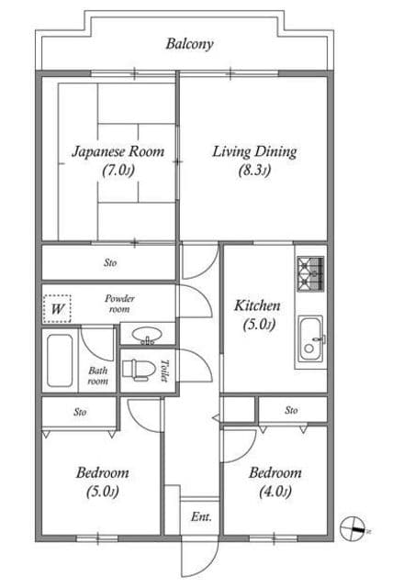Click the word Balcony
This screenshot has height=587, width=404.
pyautogui.click(x=190, y=44)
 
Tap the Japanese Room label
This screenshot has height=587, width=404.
pyautogui.click(x=118, y=151)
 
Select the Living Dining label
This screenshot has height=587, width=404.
pyautogui.click(x=255, y=151)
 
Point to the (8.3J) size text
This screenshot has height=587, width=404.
pyautogui.click(x=254, y=171)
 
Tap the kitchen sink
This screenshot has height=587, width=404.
pyautogui.click(x=310, y=339)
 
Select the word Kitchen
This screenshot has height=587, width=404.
pyautogui.click(x=257, y=305)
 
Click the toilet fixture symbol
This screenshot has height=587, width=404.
pyautogui.click(x=139, y=371)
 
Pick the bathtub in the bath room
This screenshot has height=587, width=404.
pyautogui.click(x=60, y=360)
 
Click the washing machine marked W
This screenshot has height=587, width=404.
pyautogui.click(x=57, y=309)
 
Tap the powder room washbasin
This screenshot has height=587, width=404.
pyautogui.click(x=147, y=335)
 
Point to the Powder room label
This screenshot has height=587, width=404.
pyautogui.click(x=119, y=304)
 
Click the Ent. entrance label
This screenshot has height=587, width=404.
pyautogui.click(x=201, y=517)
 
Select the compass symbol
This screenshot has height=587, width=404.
pyautogui.click(x=353, y=528)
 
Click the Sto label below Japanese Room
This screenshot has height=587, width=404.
pyautogui.click(x=110, y=263)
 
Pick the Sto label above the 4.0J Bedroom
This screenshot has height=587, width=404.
pyautogui.click(x=291, y=410)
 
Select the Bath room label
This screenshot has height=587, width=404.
pyautogui.click(x=98, y=376)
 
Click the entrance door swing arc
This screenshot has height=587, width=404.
pyautogui.click(x=213, y=562)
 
